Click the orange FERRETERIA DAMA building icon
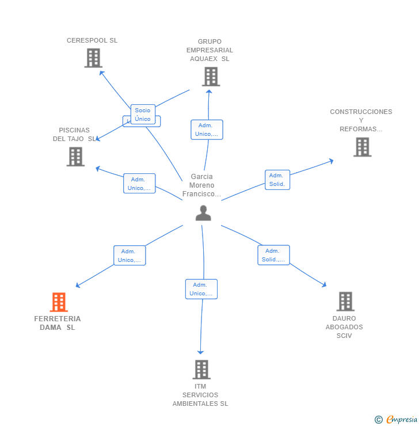pos(59,302)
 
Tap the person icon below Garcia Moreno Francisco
pos(203,213)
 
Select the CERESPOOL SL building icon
pos(93,58)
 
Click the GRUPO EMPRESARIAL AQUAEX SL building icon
pos(211,77)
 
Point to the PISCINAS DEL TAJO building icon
pos(75,157)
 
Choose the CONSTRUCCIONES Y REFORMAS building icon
pos(362,147)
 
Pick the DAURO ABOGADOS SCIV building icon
pos(345,301)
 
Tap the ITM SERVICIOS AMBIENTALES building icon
pos(201,370)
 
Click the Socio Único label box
pos(143,115)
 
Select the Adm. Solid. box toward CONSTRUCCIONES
pos(277,180)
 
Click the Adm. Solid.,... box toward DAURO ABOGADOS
pos(273,255)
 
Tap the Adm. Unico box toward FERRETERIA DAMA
pos(129,256)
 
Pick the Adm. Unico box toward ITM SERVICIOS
pos(201,289)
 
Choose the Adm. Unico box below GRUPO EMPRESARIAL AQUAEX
pos(207,130)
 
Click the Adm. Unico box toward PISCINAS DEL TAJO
pos(139,184)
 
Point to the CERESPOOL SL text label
pos(92,40)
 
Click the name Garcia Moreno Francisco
pos(201,185)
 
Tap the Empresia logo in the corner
pos(395,420)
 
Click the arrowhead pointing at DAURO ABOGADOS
pos(324,285)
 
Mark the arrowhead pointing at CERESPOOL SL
pos(101,73)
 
